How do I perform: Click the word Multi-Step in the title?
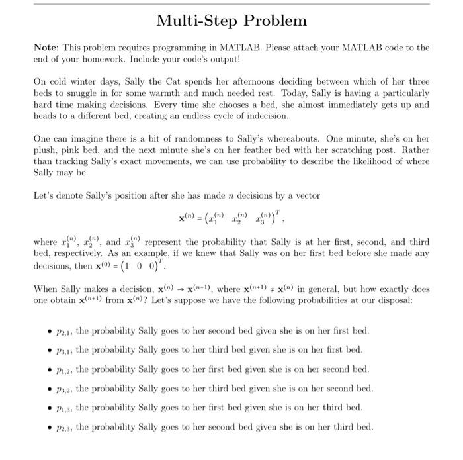(197, 21)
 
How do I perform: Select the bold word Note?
(46, 48)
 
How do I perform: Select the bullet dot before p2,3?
(50, 427)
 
